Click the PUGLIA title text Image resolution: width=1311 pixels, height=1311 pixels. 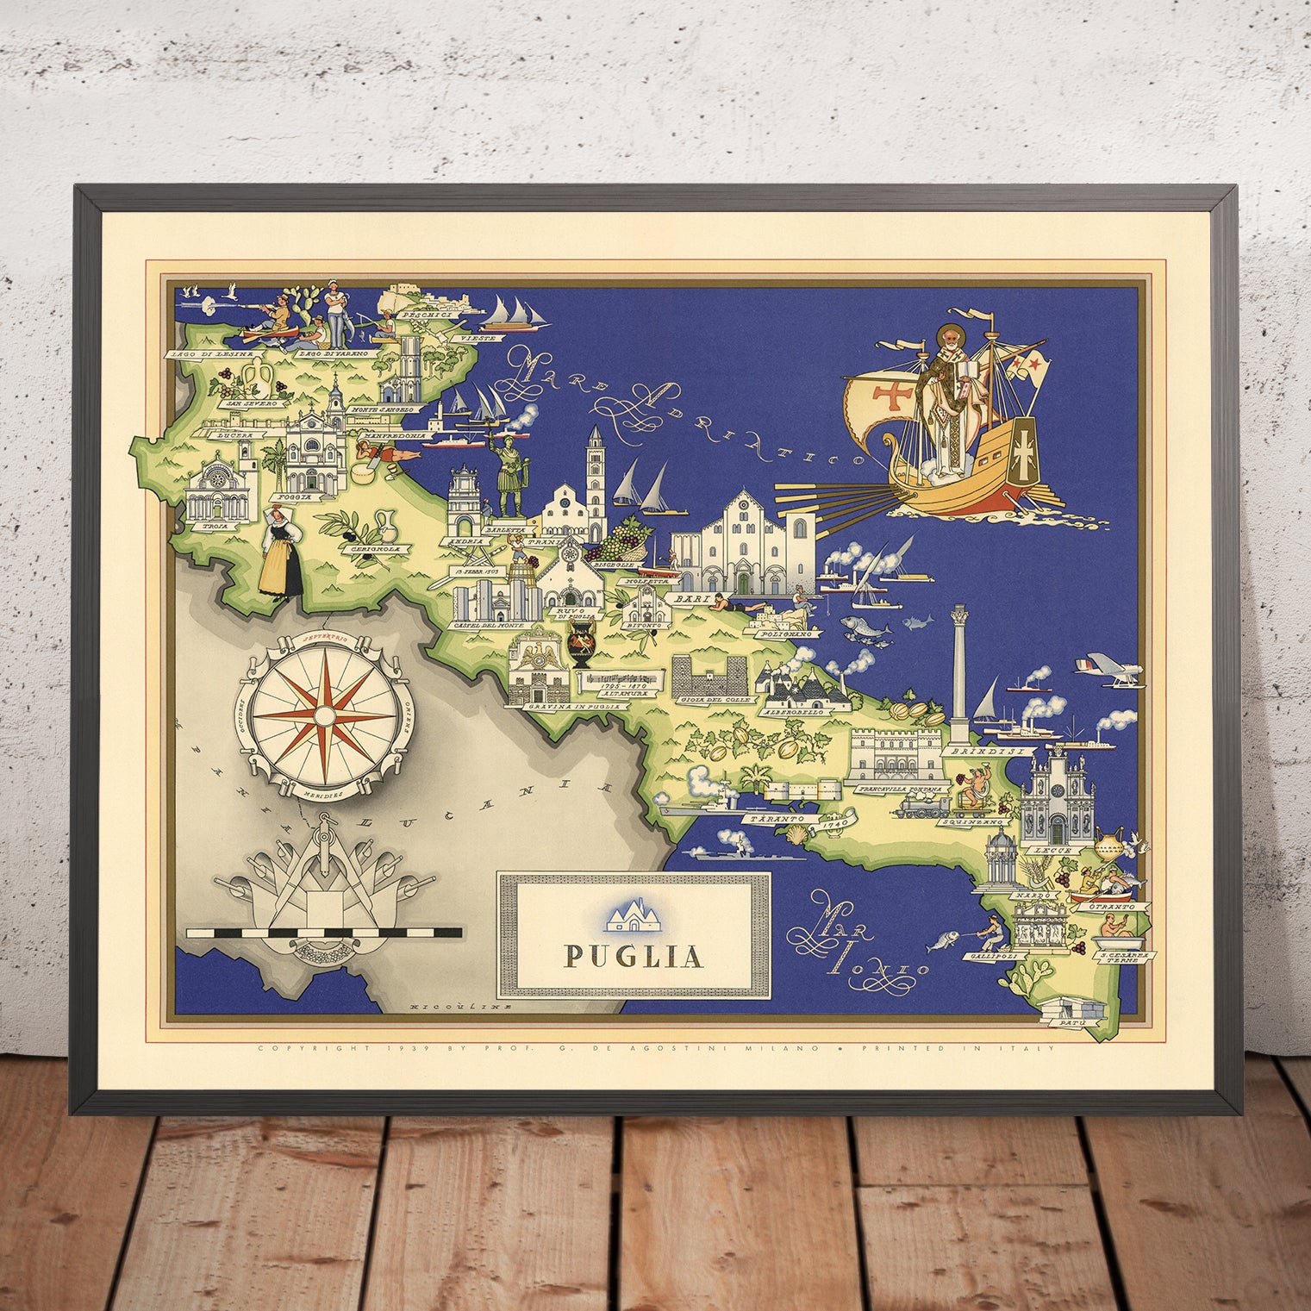click(633, 957)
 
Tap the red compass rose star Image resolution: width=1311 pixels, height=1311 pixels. click(323, 715)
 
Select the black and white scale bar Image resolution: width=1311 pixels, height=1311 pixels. click(324, 932)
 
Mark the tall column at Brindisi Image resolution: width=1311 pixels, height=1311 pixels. click(958, 672)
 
